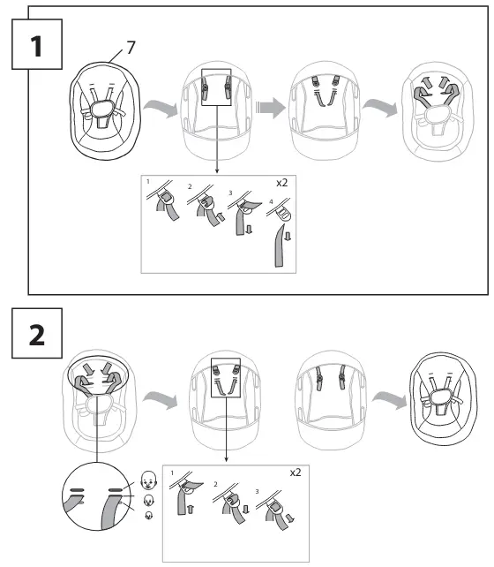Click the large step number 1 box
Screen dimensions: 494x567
(x=37, y=44)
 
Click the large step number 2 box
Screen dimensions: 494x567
(x=37, y=333)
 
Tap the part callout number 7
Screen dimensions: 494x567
(x=131, y=48)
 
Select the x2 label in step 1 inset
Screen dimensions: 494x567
(x=281, y=183)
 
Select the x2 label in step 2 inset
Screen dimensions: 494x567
(x=296, y=472)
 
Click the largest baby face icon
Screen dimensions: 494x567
(x=148, y=480)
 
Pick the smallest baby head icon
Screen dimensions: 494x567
(x=148, y=515)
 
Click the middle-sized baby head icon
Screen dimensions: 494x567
(x=148, y=501)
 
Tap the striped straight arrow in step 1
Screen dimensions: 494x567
(x=271, y=108)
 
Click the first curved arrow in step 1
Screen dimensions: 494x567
(x=161, y=108)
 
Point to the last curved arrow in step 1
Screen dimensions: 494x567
(x=380, y=108)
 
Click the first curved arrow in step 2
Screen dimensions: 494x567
(x=161, y=400)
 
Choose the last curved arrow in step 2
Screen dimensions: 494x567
(x=390, y=400)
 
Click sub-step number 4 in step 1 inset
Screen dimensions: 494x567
(x=271, y=201)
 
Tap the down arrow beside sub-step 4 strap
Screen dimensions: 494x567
(x=288, y=236)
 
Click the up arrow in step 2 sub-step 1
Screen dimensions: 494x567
(x=191, y=509)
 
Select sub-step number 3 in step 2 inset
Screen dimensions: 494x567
(x=257, y=492)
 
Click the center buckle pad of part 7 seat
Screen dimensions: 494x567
(x=102, y=108)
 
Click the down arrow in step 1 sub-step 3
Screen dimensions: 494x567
(x=249, y=230)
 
